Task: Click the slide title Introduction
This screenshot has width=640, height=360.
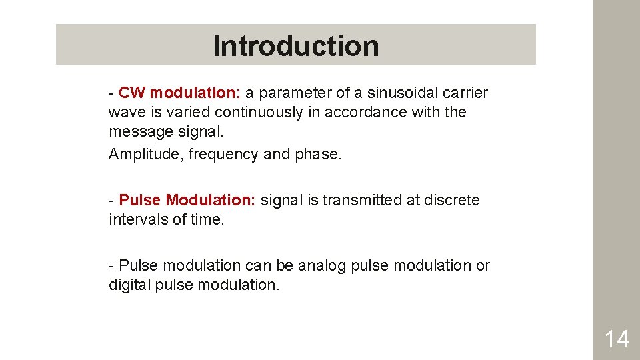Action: (x=295, y=46)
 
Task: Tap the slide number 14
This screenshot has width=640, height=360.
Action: (x=616, y=339)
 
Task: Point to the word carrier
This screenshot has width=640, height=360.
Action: (x=464, y=93)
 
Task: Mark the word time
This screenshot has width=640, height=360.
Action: (x=207, y=219)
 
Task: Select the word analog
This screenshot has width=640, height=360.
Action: (x=321, y=265)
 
